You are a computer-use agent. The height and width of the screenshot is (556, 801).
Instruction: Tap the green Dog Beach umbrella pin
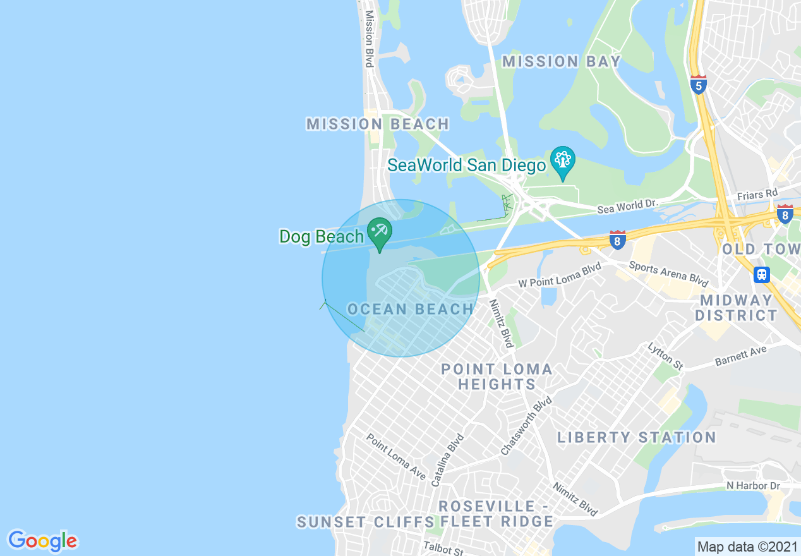379,232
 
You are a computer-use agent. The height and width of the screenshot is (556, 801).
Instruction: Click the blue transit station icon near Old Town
762,274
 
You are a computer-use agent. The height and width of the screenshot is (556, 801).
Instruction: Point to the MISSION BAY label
562,61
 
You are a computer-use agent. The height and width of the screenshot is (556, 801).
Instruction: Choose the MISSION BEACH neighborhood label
378,124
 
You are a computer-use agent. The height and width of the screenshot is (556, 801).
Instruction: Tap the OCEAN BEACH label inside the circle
411,309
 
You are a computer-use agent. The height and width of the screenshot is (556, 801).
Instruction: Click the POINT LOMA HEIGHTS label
497,377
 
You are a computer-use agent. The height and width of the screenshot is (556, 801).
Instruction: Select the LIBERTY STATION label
636,437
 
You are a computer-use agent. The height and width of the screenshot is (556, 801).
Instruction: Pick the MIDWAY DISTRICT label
736,308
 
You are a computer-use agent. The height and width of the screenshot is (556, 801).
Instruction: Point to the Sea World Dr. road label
627,206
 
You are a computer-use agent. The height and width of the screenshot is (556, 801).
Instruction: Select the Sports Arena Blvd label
668,273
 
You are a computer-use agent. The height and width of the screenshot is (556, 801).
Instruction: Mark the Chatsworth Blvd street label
526,426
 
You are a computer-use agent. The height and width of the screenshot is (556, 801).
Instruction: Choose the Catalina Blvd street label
447,460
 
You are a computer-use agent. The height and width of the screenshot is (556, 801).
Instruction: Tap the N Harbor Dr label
753,486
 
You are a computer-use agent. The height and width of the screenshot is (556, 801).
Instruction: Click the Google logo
42,541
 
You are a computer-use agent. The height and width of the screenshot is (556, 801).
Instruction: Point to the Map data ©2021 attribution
747,546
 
